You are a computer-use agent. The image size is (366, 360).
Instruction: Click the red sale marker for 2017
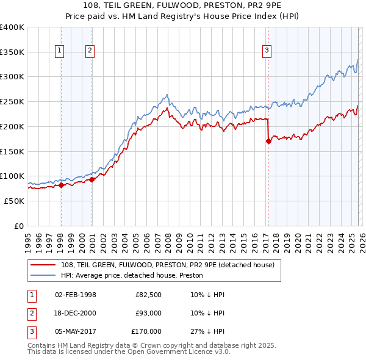point(268,141)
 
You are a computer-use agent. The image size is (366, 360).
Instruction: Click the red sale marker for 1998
point(61,185)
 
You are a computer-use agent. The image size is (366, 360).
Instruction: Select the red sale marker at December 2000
point(91,179)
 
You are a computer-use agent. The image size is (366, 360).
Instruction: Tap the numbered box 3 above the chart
point(267,51)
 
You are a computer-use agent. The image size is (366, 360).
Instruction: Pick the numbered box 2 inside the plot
point(90,51)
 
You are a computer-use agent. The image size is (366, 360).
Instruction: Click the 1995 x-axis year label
point(28,239)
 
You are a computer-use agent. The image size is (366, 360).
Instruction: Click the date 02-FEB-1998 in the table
point(75,295)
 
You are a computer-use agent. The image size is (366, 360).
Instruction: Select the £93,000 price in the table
point(148,313)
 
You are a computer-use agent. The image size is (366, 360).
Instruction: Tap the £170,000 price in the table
point(146,331)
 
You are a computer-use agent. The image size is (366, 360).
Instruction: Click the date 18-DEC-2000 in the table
point(75,313)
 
